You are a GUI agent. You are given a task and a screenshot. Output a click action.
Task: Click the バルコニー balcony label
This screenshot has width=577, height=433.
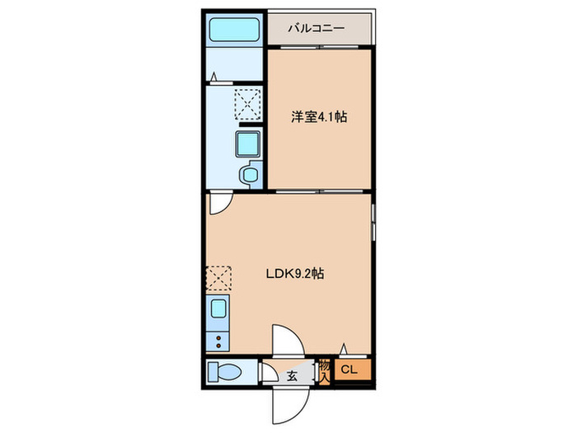(x=317, y=28)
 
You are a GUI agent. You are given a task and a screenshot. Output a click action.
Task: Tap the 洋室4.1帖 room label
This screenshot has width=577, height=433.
(x=319, y=117)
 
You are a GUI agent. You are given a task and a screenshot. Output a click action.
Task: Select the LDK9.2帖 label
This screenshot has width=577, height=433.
(x=295, y=274)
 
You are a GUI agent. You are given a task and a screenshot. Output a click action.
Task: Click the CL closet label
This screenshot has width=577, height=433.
(x=349, y=369)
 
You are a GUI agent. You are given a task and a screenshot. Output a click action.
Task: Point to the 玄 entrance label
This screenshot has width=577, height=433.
(x=292, y=376)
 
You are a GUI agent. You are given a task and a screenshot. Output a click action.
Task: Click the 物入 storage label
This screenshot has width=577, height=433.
(x=325, y=372)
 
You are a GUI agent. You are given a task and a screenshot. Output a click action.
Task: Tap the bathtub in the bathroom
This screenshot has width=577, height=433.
(x=234, y=30)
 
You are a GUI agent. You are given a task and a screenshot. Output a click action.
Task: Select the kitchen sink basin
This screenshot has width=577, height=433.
(x=218, y=308)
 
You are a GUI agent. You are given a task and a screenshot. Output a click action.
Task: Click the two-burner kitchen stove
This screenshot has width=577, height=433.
(x=218, y=341)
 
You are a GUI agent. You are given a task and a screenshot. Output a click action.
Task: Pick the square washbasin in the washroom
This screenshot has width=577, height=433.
(x=247, y=144)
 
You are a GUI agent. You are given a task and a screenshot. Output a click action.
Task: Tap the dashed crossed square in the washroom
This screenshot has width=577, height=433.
(x=248, y=104)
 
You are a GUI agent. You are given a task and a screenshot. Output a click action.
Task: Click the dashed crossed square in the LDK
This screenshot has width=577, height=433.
(x=218, y=280)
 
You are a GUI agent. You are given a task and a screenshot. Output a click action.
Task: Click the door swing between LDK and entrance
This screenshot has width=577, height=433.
(x=288, y=341)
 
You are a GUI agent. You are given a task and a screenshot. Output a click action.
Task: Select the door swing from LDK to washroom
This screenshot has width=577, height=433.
(x=221, y=203)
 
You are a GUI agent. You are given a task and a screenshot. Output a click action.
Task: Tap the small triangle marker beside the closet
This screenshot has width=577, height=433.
(x=344, y=348)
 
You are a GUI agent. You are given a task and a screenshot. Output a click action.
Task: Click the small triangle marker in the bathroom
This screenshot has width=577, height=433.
(x=213, y=77)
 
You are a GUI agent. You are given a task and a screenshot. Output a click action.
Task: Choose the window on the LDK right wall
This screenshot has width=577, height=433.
(x=373, y=223)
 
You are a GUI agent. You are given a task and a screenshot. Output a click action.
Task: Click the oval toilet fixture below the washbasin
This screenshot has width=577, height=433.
(x=250, y=175)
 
